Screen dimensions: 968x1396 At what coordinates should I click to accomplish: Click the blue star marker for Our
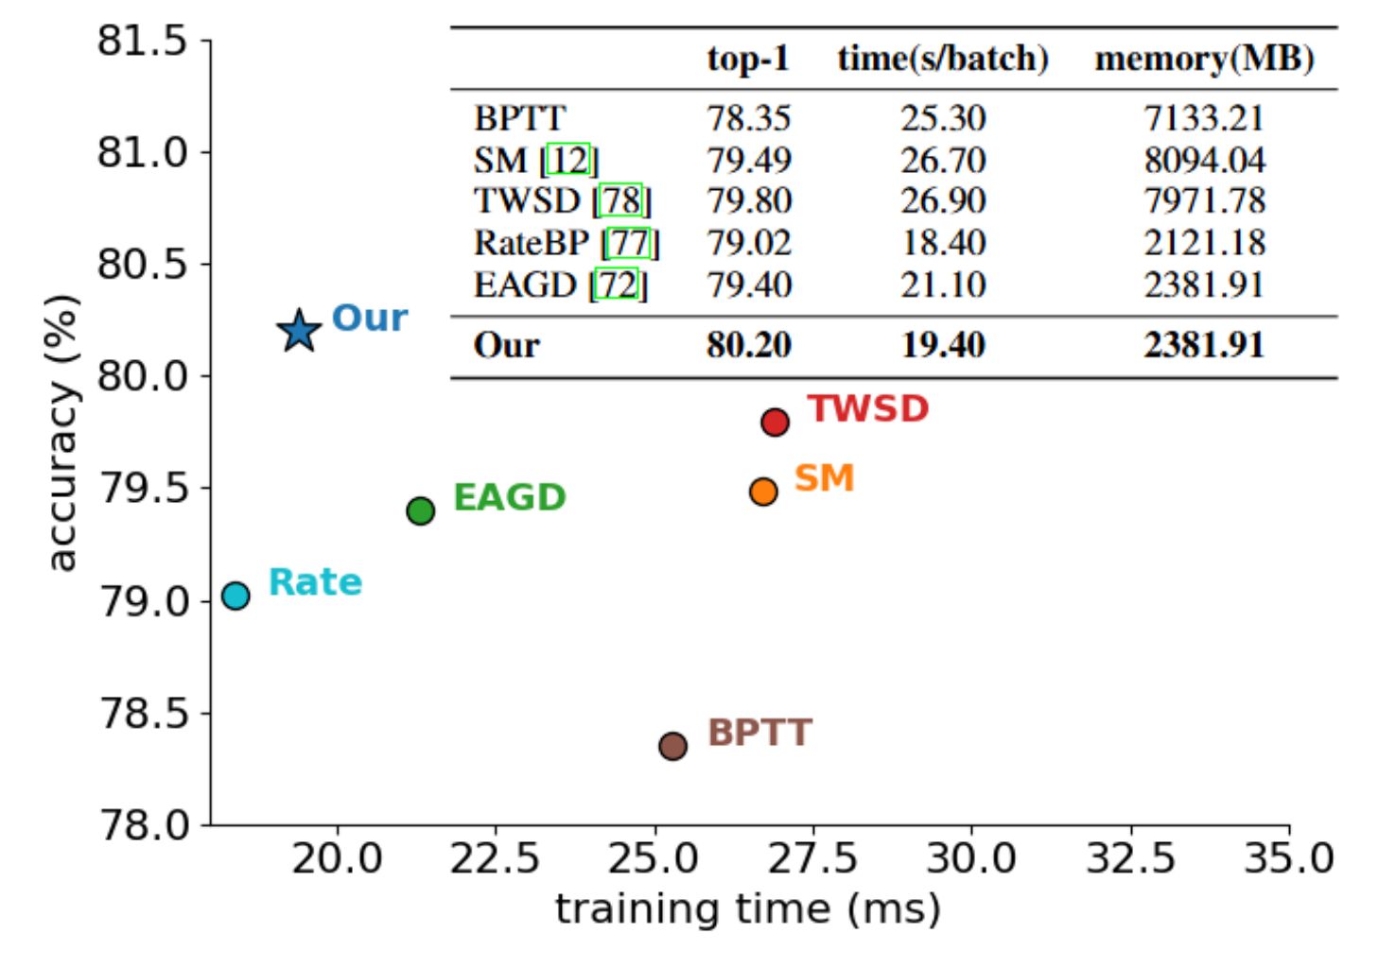(299, 331)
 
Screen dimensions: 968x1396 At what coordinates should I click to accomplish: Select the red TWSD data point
(775, 422)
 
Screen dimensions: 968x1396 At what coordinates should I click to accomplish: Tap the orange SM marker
(763, 492)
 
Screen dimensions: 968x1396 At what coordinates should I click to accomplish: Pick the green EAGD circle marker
(420, 511)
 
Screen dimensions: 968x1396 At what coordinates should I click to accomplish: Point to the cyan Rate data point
(236, 596)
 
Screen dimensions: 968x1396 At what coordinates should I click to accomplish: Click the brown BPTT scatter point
(672, 746)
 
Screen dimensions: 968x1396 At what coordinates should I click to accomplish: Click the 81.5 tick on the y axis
(142, 42)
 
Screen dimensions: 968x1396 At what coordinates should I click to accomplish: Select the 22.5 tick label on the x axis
(495, 859)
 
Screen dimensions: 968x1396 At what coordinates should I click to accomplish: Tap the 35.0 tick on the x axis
(1288, 859)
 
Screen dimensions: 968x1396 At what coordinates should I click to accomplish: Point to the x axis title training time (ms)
(747, 909)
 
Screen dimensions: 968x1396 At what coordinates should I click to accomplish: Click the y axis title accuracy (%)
(61, 433)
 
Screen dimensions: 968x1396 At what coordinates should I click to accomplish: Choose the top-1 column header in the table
(748, 60)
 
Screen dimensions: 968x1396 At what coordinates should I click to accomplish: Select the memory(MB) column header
(1204, 60)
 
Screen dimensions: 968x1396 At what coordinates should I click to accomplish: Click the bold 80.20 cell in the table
(748, 345)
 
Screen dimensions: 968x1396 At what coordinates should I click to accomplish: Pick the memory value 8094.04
(1204, 161)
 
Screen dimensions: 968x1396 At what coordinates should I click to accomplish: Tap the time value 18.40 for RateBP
(943, 243)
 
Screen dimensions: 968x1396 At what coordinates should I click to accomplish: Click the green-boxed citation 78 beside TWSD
(621, 201)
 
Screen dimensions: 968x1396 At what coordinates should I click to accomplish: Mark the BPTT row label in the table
(519, 119)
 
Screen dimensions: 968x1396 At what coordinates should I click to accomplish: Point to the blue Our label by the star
(370, 319)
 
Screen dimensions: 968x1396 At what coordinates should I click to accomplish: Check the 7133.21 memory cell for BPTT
(1204, 119)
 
